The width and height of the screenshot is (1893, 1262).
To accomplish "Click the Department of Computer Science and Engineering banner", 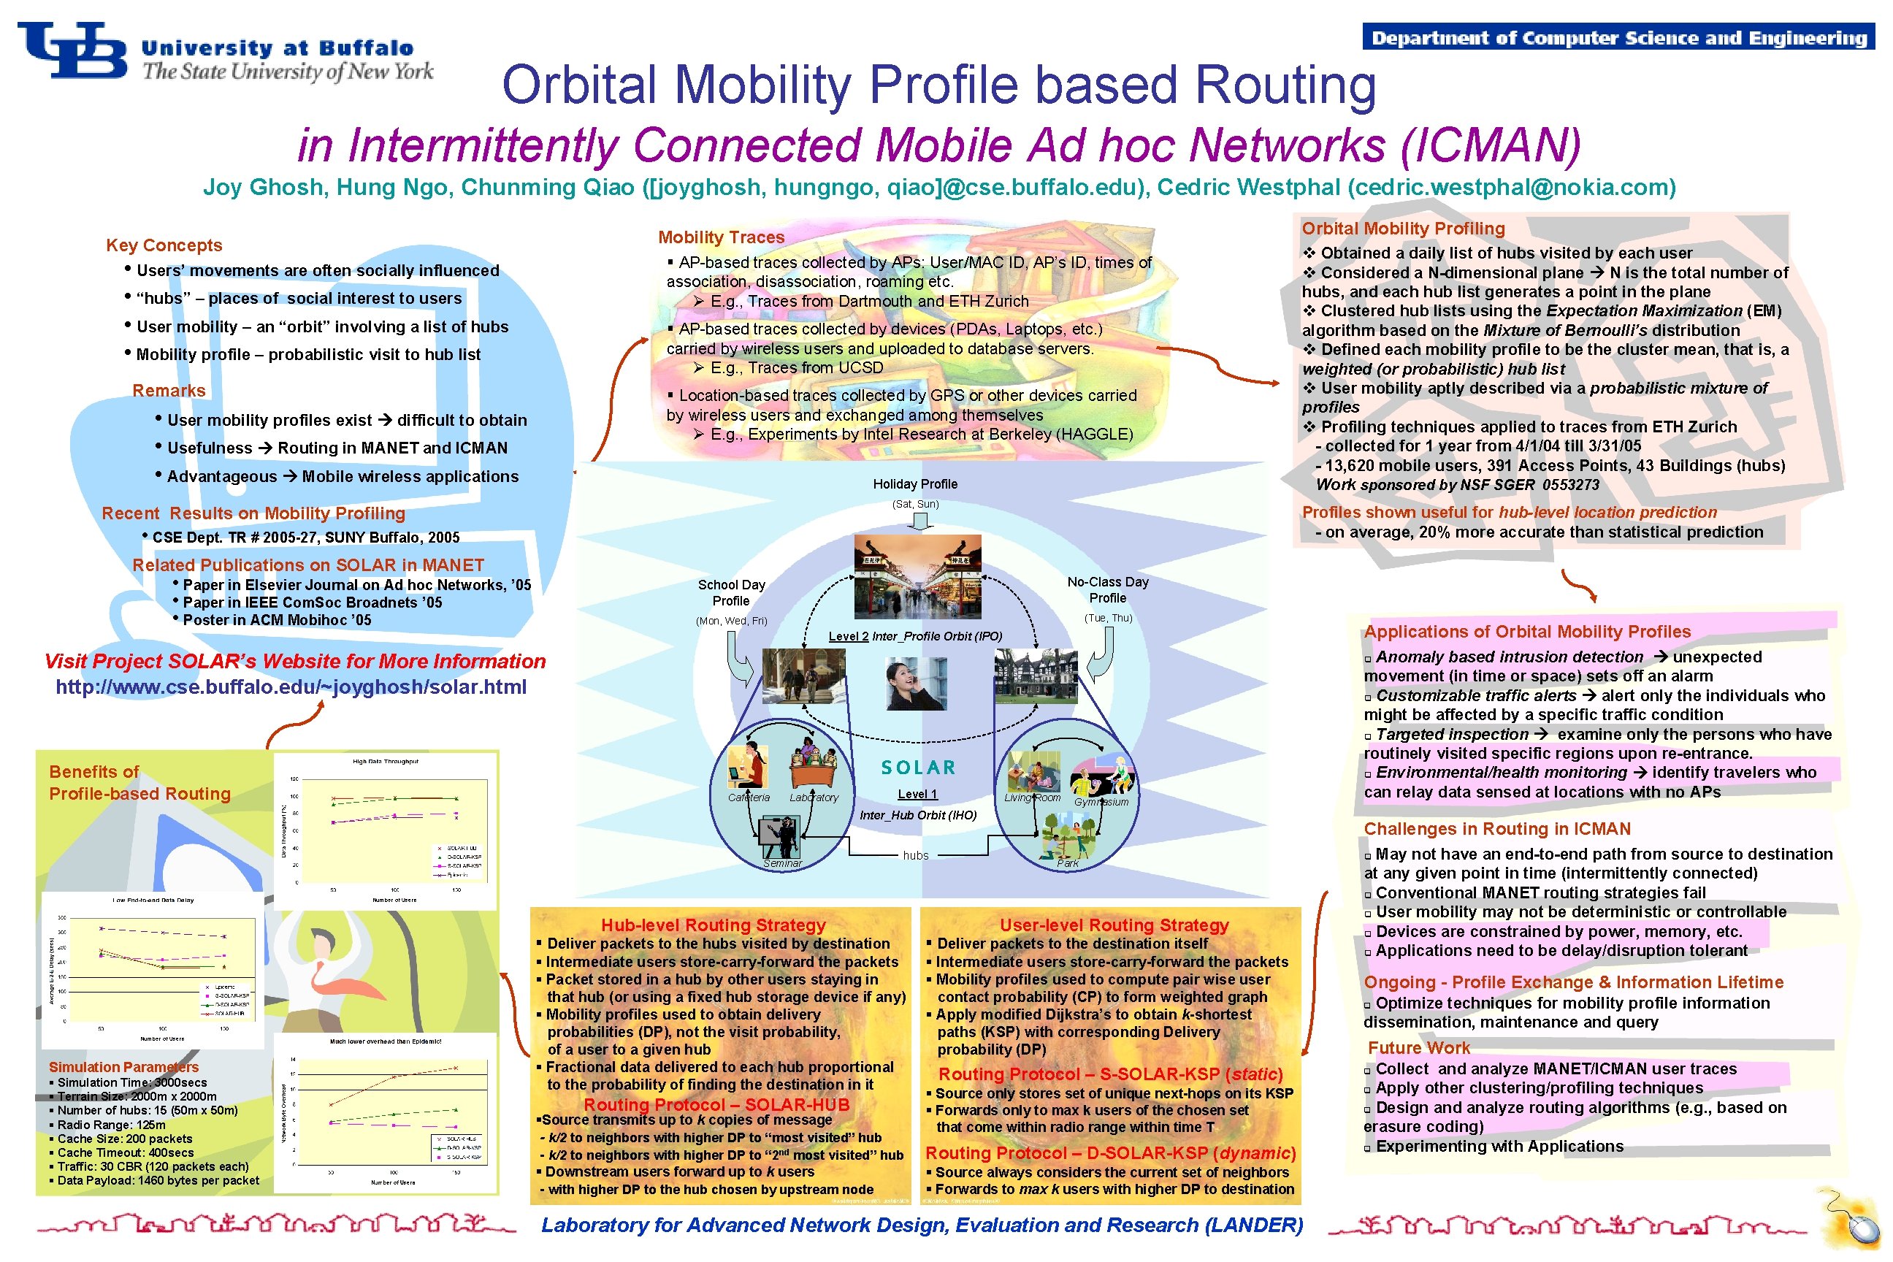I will pos(1618,38).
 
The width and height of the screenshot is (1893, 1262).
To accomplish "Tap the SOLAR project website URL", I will pos(291,687).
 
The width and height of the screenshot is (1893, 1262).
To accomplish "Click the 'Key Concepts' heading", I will pos(164,245).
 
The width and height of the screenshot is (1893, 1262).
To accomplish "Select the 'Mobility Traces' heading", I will pos(721,237).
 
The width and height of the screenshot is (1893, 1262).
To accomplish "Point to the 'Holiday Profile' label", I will pos(915,483).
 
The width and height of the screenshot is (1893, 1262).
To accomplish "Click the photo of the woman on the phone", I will pos(916,684).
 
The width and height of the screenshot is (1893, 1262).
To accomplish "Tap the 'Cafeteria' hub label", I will pos(749,798).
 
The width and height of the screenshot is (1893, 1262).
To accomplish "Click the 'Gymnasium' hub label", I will pos(1101,802).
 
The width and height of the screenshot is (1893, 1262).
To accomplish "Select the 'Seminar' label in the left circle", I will pos(782,863).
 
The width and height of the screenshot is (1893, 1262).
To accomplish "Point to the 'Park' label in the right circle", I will pos(1067,863).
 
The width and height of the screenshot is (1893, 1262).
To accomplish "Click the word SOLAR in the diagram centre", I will pos(918,768).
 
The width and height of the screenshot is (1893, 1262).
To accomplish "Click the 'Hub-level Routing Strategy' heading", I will pos(713,925).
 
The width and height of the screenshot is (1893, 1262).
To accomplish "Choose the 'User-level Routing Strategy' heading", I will pos(1114,925).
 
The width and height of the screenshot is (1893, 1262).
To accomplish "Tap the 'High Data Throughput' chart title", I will pos(386,760).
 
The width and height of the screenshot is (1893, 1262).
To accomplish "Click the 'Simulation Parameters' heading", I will pos(123,1067).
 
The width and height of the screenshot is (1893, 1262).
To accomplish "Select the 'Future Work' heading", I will pos(1419,1048).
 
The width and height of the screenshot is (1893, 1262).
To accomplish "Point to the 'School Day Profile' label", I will pos(731,592).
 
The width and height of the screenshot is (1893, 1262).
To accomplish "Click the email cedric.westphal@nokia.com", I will pos(1513,188).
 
